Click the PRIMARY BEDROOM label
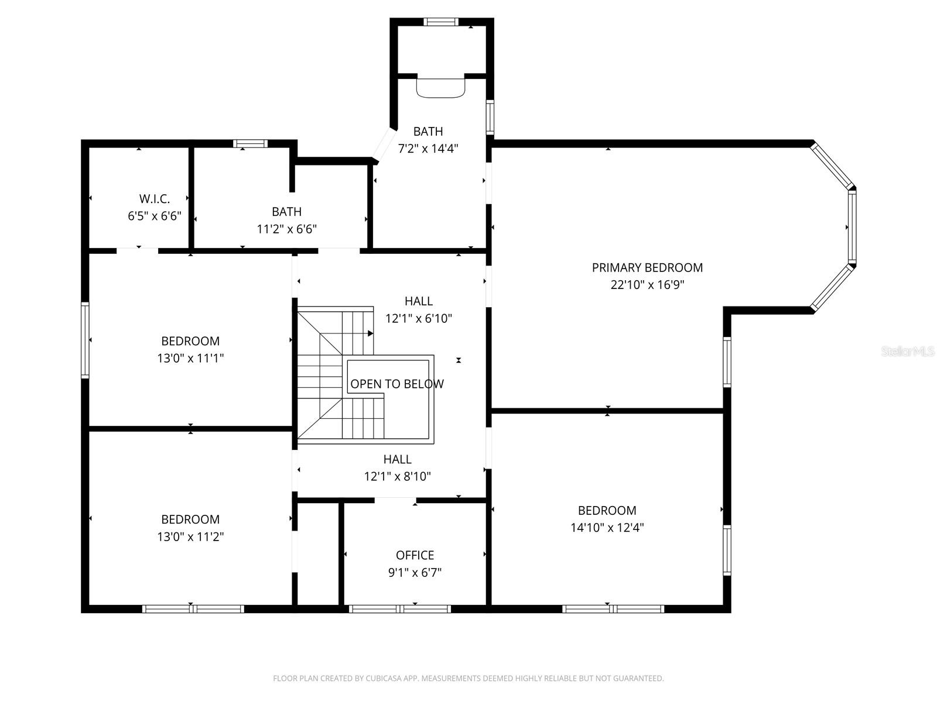point(647,267)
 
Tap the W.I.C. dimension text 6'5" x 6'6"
point(155,216)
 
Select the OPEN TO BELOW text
point(396,384)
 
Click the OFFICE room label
point(415,555)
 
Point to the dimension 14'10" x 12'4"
point(607,527)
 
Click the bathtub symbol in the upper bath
point(440,87)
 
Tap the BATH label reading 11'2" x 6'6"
point(286,212)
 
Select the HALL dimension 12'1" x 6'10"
point(418,318)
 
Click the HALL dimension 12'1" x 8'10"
point(397,476)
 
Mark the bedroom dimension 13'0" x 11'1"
point(190,358)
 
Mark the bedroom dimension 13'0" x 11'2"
point(190,536)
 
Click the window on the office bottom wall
point(399,609)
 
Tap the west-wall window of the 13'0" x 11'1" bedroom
point(85,340)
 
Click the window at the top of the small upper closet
point(440,22)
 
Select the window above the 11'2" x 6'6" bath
point(250,143)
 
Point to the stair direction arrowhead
point(371,333)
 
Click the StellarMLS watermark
point(908,351)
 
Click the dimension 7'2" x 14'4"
point(428,149)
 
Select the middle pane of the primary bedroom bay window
point(852,227)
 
